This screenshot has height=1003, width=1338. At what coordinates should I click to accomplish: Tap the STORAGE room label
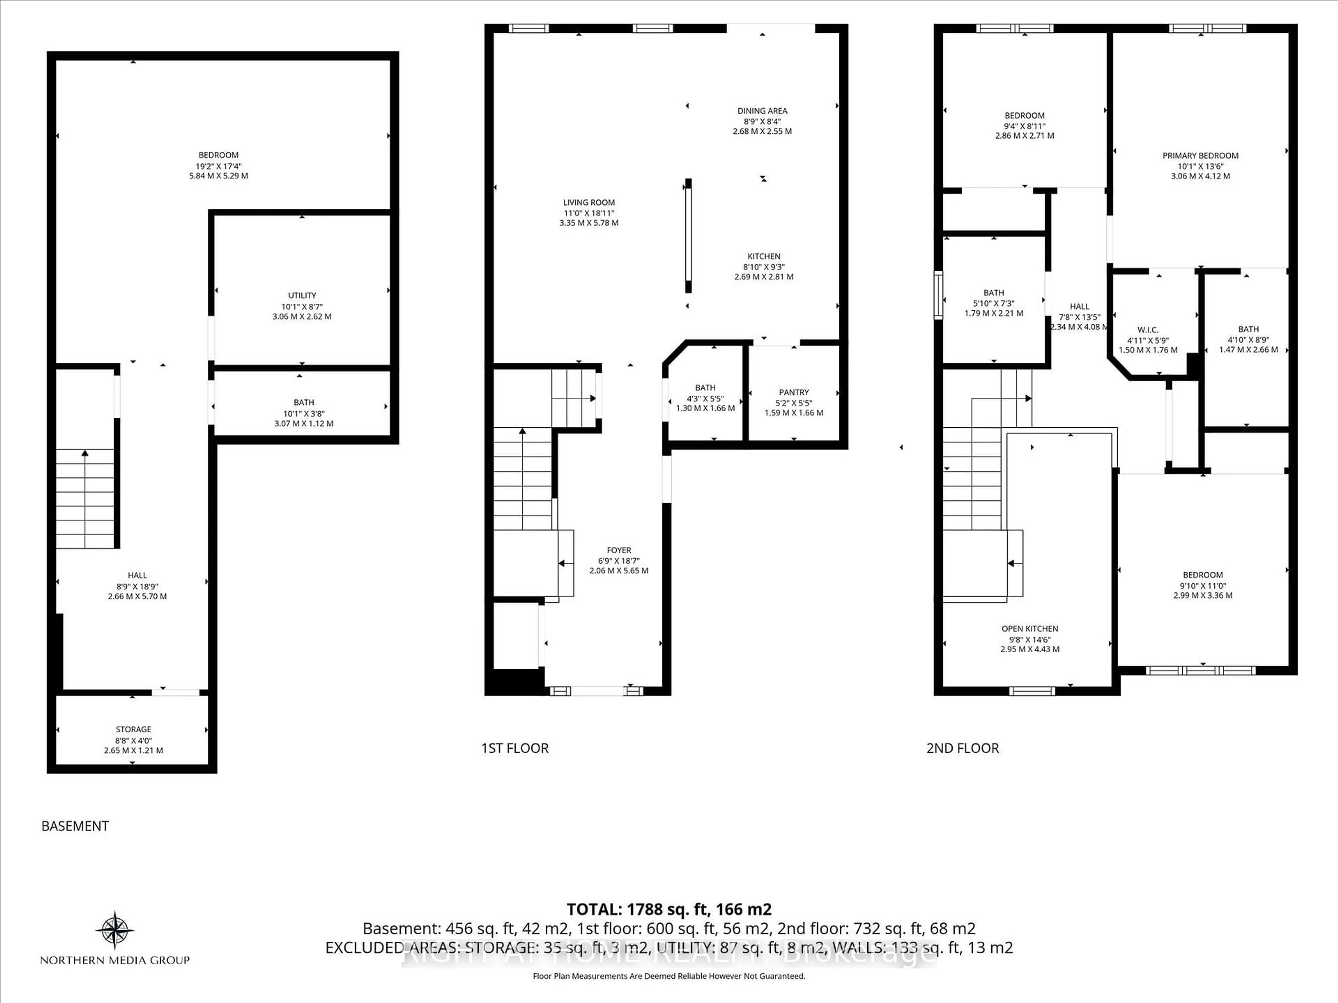tap(134, 729)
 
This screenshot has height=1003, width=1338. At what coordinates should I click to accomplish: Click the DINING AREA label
tap(762, 111)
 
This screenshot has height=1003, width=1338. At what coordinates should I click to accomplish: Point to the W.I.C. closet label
tap(1147, 329)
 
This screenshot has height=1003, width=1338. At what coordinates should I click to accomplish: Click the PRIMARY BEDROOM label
tap(1200, 155)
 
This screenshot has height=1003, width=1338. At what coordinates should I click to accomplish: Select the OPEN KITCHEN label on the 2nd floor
tap(1030, 629)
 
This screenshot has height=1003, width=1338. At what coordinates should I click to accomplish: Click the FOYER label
tap(619, 550)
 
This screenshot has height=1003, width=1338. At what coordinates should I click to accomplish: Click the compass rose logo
tap(115, 930)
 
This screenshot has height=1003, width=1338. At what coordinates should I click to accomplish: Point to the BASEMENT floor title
tap(75, 826)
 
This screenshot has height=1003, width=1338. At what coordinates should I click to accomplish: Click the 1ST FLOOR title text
tap(515, 748)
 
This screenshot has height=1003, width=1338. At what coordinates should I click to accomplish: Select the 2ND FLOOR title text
tap(962, 748)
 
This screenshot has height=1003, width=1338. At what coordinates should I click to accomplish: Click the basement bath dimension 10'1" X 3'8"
tap(303, 413)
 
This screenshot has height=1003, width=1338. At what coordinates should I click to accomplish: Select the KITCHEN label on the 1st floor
tap(763, 256)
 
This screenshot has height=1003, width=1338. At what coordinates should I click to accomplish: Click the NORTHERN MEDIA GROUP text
tap(115, 960)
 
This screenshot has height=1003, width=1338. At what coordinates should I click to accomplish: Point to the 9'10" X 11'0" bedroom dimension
tap(1202, 585)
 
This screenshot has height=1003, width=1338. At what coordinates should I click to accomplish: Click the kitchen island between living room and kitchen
tap(688, 236)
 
